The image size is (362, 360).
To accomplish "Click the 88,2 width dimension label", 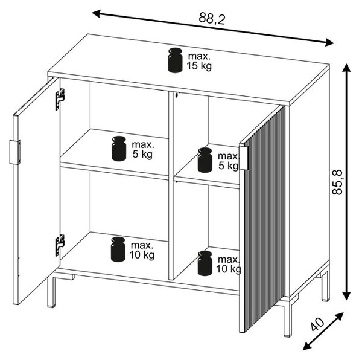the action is [x=212, y=18].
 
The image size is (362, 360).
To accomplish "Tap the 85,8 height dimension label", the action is [x=337, y=182].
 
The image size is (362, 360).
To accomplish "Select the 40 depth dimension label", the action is [x=318, y=324].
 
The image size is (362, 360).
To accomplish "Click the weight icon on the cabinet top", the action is [x=175, y=60].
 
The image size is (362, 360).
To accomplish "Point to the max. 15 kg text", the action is [x=199, y=61].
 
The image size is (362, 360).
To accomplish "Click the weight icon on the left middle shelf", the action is [x=119, y=149].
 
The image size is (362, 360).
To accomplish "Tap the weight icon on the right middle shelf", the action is [x=205, y=160].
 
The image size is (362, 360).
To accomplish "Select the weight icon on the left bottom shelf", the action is [x=118, y=249].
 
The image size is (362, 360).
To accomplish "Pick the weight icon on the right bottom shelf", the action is [x=205, y=263].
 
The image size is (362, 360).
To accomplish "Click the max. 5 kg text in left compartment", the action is [x=142, y=149].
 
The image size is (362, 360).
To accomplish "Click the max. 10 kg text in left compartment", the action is [x=142, y=250].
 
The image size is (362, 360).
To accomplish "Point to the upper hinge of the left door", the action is [x=60, y=99].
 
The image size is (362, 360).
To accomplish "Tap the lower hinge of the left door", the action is [x=60, y=245].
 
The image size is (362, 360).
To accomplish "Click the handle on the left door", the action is [x=14, y=152].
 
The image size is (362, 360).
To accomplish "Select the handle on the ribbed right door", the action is [x=243, y=158].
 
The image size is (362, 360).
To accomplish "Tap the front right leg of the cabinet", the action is [x=288, y=320].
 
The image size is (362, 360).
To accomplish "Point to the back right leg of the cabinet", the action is [x=326, y=286].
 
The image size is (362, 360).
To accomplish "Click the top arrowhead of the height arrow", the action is [x=346, y=68].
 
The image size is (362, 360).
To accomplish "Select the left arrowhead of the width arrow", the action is [x=97, y=14].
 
